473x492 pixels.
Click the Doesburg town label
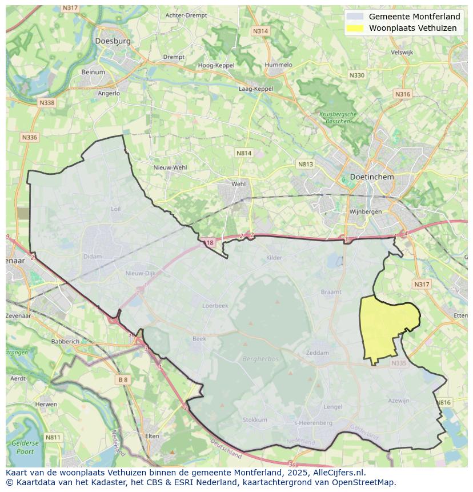113,41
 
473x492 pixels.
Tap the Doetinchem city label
372,177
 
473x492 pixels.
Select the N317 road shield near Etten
422,284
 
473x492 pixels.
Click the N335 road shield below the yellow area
399,363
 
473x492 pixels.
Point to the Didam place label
92,257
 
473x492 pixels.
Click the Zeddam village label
318,353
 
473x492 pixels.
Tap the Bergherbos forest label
260,358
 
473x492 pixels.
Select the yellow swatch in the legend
355,28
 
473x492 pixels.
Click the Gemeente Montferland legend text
414,17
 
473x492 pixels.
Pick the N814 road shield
244,153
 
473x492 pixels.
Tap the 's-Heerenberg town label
312,423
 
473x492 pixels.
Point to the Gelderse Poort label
25,447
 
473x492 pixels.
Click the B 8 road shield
123,379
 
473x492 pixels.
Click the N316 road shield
403,94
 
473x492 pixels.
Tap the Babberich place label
65,341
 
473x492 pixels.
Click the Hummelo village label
278,65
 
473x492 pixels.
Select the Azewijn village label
399,401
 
